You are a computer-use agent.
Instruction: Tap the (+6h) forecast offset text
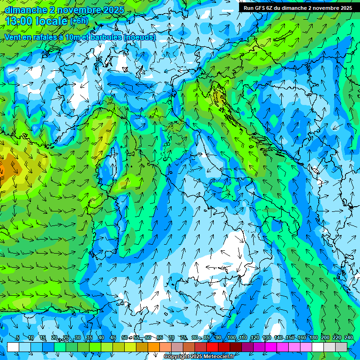click(x=79, y=21)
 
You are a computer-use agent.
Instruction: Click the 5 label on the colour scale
click(x=18, y=337)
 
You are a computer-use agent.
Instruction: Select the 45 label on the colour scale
click(x=112, y=337)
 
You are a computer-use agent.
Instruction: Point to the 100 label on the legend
click(x=231, y=337)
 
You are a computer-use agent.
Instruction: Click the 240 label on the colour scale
click(x=349, y=337)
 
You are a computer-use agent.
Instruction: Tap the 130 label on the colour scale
click(x=267, y=337)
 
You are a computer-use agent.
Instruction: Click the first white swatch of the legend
click(x=13, y=347)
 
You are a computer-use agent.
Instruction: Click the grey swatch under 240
click(x=342, y=347)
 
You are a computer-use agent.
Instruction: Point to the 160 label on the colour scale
click(x=302, y=337)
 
